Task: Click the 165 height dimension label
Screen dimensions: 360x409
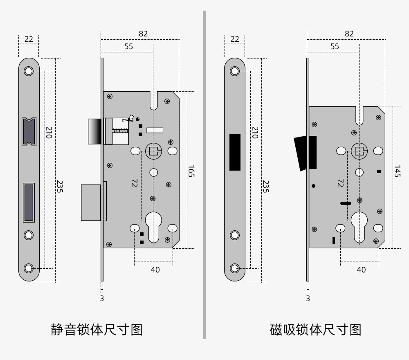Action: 191,171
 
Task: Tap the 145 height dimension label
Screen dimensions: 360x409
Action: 397,171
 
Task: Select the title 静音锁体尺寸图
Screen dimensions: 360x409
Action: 97,329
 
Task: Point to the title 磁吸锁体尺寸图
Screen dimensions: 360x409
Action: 316,329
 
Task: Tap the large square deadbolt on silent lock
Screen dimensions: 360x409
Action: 92,202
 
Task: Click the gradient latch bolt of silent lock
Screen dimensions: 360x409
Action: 94,131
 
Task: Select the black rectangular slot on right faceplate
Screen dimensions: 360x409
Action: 235,152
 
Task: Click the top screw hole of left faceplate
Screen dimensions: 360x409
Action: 29,71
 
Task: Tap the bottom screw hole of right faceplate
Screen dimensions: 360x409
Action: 235,268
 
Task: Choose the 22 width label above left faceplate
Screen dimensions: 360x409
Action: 29,39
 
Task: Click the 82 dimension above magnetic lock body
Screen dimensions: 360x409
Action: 349,34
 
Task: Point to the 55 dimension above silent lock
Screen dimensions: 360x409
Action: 128,46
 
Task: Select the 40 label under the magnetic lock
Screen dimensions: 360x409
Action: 361,270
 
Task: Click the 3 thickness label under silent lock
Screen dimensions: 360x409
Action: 102,298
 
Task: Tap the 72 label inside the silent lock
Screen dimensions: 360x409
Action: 134,183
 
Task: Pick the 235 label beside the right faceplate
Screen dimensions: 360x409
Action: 266,187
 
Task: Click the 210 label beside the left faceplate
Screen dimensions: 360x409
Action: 49,132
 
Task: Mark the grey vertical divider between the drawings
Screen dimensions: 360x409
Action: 204,176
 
